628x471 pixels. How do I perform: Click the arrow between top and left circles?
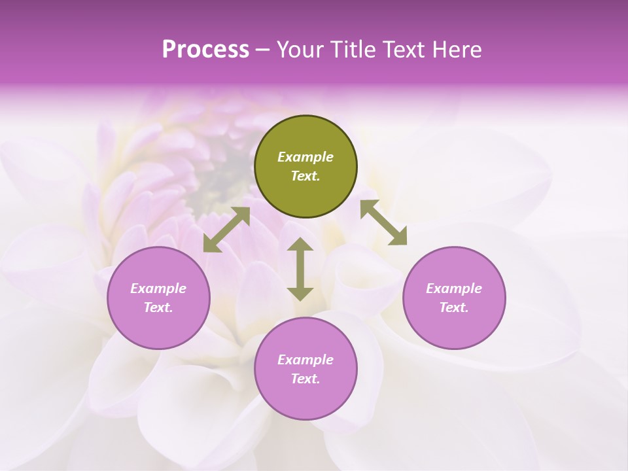coord(226,230)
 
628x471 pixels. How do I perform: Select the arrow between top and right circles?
coord(384,222)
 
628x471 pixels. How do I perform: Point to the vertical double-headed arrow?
coord(300,269)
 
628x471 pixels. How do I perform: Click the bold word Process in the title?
coord(205,49)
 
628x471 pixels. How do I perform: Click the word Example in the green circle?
coord(305,157)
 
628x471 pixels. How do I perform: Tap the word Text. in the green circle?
coord(305,176)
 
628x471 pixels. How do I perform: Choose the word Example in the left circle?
coord(158,288)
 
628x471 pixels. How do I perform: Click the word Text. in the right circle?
coord(454,307)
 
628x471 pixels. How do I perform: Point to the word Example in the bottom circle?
coord(305,360)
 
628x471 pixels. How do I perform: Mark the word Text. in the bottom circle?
coord(305,379)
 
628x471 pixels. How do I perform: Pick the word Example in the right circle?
coord(454,288)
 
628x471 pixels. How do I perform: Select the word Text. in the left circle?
coord(158,307)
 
